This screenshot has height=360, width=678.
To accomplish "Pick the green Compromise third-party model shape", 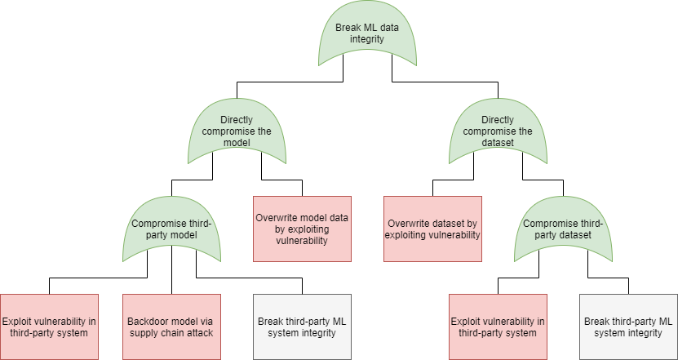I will tap(171, 231).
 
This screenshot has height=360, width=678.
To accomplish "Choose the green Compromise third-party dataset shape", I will tap(563, 231).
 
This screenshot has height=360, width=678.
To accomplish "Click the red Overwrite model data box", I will tap(302, 229).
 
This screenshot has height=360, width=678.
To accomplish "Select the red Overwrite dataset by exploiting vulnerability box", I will tap(432, 229).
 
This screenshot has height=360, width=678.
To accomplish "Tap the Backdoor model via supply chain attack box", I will tap(171, 327).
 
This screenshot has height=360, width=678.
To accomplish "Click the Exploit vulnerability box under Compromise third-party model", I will tap(49, 327).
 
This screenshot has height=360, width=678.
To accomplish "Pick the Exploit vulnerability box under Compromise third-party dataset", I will tap(498, 327).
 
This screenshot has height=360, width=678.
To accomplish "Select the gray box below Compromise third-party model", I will tap(302, 327).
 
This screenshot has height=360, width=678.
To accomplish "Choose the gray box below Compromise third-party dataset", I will tap(628, 327).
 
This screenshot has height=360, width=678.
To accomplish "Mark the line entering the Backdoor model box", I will tap(171, 278).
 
